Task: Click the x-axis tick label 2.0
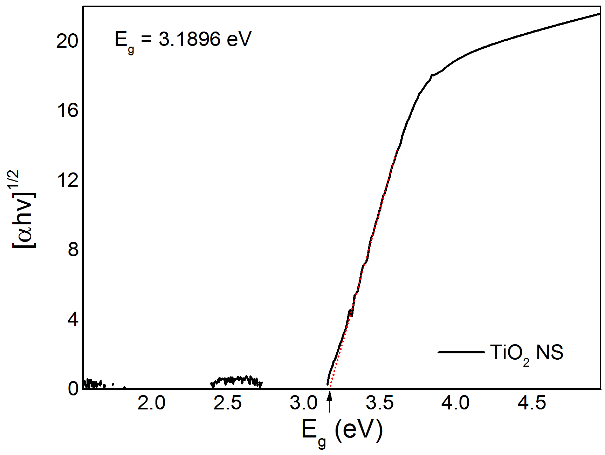click(x=151, y=403)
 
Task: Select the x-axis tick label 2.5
click(x=228, y=403)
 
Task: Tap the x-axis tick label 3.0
click(x=304, y=403)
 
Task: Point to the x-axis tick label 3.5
click(x=380, y=403)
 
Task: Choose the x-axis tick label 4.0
click(x=455, y=403)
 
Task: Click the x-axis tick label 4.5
click(x=532, y=403)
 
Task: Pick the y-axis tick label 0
click(x=73, y=389)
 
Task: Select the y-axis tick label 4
click(x=73, y=319)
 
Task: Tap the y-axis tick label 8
click(x=73, y=250)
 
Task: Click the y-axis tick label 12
click(x=68, y=181)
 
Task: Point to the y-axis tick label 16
click(x=68, y=111)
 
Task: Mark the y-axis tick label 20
click(x=68, y=42)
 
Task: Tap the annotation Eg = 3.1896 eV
click(x=183, y=40)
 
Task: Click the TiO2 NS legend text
click(x=527, y=353)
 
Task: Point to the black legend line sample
click(x=461, y=352)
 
